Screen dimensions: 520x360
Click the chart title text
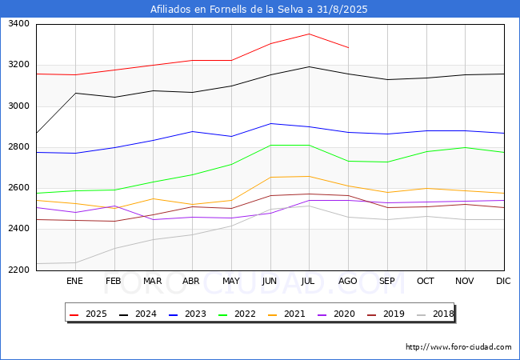tap(258, 10)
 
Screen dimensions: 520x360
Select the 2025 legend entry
tap(88, 314)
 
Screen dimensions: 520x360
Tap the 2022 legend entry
tap(237, 314)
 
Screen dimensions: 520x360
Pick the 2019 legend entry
tap(386, 314)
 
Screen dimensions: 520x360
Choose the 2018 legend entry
tap(435, 314)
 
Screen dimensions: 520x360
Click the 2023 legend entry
tap(187, 314)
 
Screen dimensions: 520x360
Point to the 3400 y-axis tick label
tap(18, 23)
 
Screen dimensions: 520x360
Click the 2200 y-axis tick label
tap(18, 270)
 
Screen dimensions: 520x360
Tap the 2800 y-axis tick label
tap(18, 147)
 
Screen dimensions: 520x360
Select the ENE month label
tap(74, 281)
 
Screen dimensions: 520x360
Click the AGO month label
tap(347, 281)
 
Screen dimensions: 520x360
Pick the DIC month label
tap(503, 281)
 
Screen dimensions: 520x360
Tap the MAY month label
tap(231, 281)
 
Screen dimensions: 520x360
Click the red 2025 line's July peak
tap(309, 34)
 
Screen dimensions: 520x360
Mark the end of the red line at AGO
tap(348, 48)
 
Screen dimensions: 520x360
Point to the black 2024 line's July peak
tap(309, 66)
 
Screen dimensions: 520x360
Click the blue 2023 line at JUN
tap(270, 124)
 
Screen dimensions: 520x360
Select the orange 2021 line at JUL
tap(309, 176)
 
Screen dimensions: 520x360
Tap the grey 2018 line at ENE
tap(76, 263)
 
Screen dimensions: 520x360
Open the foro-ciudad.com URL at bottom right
tap(458, 347)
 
